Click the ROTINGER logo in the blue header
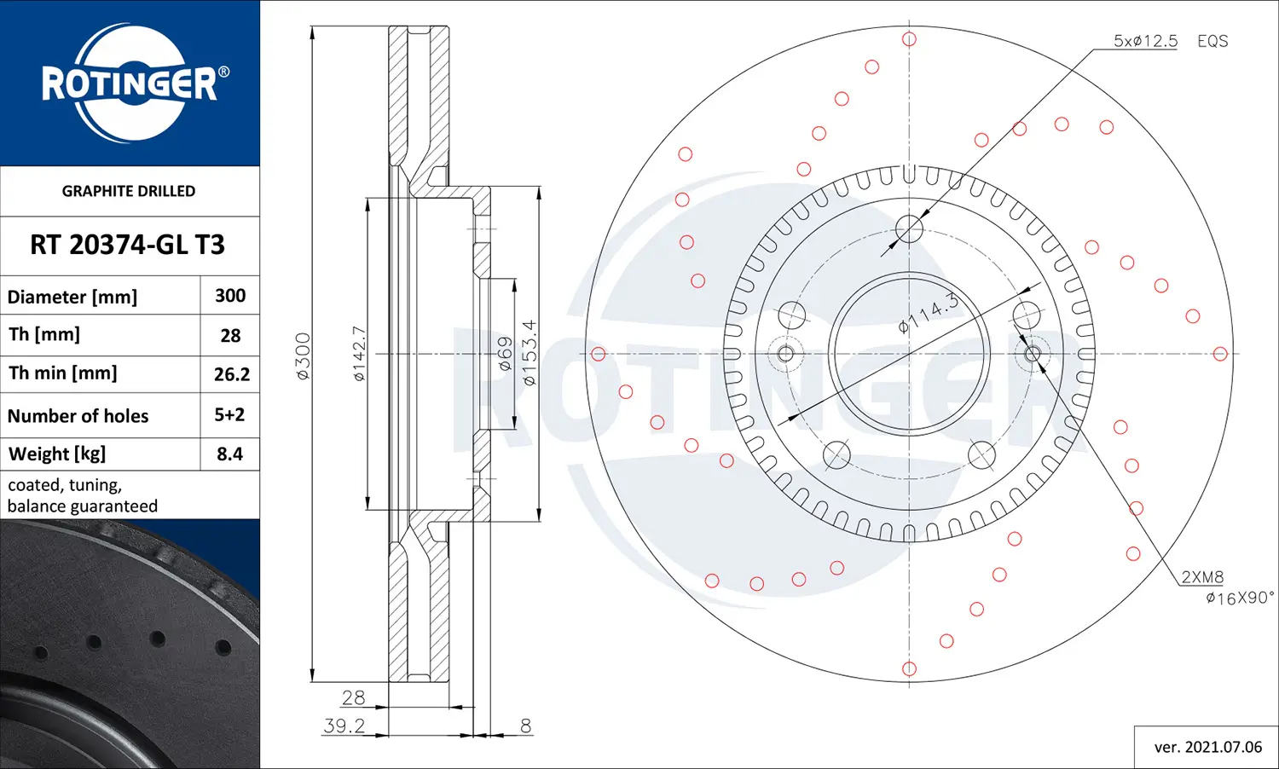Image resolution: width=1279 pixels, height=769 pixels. point(130,83)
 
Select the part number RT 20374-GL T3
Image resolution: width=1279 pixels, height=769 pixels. point(128,245)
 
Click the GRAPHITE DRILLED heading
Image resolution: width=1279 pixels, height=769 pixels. point(129,191)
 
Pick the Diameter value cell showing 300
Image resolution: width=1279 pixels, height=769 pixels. point(230,296)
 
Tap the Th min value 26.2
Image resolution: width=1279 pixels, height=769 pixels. point(231,374)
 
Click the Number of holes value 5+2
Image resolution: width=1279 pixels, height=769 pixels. point(229,415)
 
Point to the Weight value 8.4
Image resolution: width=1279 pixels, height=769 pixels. point(229,454)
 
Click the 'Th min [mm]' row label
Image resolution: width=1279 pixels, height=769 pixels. point(63,373)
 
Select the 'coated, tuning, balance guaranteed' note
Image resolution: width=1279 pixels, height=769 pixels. point(83,495)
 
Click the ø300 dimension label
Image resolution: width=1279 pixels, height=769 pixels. point(303,356)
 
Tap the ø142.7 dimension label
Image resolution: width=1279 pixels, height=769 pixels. point(359,353)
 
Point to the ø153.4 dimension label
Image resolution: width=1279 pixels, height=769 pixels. point(529,353)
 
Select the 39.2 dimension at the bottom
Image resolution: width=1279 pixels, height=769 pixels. point(344,726)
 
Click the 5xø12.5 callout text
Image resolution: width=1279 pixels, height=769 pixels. point(1145,41)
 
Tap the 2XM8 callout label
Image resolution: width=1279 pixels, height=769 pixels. point(1202,577)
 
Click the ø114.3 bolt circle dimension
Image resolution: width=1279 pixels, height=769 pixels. point(929,313)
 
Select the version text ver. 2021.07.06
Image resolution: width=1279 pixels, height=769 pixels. point(1207,747)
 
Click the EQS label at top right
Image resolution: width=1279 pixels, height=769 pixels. point(1212,41)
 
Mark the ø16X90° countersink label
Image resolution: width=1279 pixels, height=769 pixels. point(1240,598)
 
